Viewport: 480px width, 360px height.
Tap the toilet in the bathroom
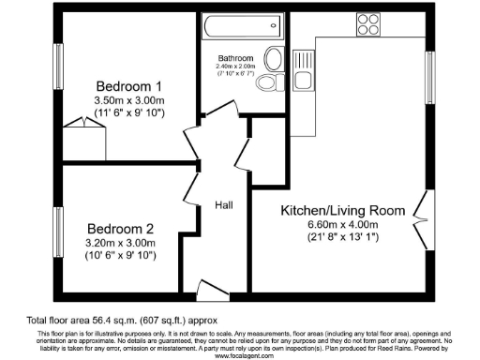(268, 85)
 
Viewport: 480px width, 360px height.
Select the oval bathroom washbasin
(275, 60)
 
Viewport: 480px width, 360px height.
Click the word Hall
(224, 205)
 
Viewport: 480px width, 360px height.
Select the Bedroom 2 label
(120, 229)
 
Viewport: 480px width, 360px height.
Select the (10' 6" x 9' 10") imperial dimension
(121, 255)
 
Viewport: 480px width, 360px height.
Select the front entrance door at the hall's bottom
(210, 287)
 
